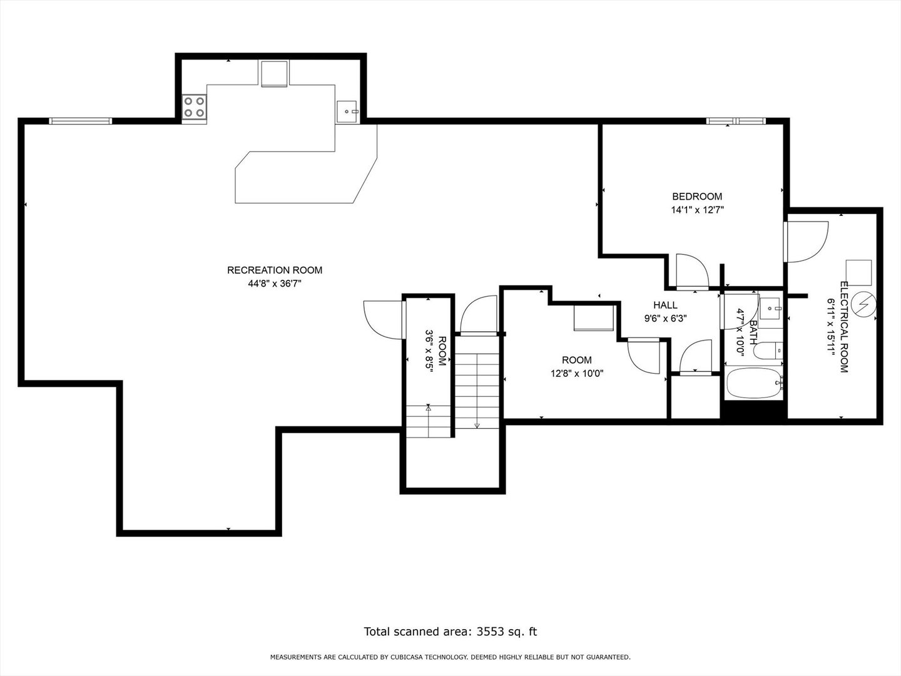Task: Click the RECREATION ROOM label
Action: pos(275,270)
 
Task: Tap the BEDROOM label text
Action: pos(697,196)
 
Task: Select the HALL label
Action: pos(665,305)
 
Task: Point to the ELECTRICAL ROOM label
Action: pos(843,327)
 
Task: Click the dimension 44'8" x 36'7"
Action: pos(275,284)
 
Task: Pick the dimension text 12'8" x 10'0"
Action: pos(577,374)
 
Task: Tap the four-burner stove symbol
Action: pos(194,106)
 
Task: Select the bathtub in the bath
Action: pos(754,383)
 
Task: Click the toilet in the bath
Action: pos(768,350)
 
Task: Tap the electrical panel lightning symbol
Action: pos(863,304)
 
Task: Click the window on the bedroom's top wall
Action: pos(736,121)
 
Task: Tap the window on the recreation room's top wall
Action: pos(81,121)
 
